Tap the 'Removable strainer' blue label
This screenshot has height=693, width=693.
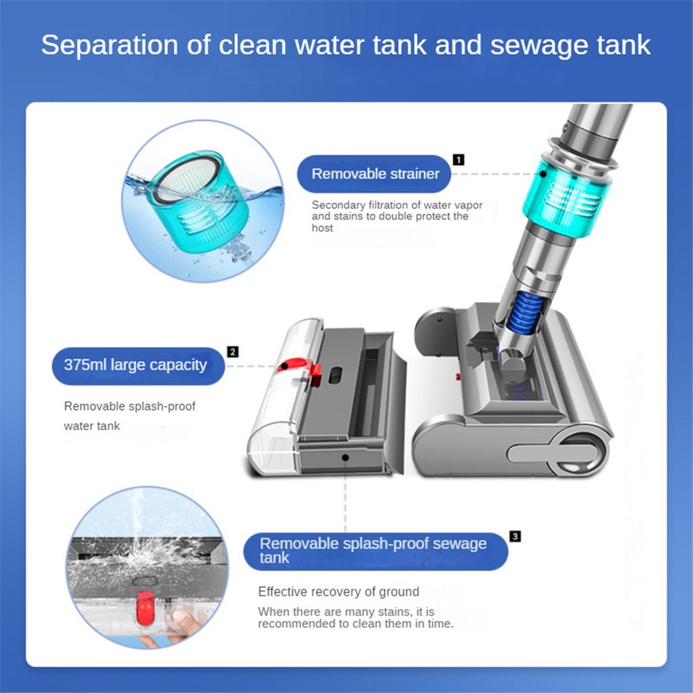pyautogui.click(x=375, y=173)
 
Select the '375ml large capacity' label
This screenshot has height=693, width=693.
pyautogui.click(x=135, y=365)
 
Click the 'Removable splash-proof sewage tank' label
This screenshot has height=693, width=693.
pyautogui.click(x=374, y=551)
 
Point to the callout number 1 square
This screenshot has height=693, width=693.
pyautogui.click(x=459, y=160)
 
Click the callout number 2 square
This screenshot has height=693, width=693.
pyautogui.click(x=233, y=351)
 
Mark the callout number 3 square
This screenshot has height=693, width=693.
pyautogui.click(x=516, y=537)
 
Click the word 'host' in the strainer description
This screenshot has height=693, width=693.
pyautogui.click(x=322, y=228)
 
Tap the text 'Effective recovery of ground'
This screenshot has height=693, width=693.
pyautogui.click(x=338, y=591)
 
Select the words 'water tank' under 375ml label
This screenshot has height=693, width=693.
pyautogui.click(x=91, y=426)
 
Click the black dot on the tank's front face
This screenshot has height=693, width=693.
pyautogui.click(x=345, y=458)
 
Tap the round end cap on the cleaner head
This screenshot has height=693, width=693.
pyautogui.click(x=579, y=453)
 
